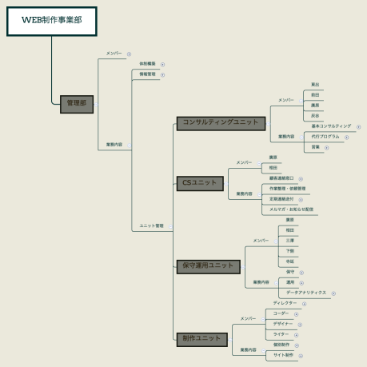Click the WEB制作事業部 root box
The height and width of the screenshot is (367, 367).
(x=51, y=21)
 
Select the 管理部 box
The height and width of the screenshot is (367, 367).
(x=77, y=103)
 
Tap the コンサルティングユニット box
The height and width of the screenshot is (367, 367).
(x=221, y=122)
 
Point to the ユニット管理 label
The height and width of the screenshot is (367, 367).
(x=150, y=226)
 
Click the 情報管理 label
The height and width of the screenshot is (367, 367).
(x=148, y=74)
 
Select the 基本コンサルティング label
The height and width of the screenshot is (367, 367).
(x=330, y=126)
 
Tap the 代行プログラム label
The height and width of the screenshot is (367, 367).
(x=325, y=137)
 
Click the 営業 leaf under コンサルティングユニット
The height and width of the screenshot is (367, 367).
(x=315, y=147)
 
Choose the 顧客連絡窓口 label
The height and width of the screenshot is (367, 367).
(x=281, y=178)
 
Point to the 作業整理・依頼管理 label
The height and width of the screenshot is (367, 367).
(x=287, y=189)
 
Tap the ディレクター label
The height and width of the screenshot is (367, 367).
(x=285, y=303)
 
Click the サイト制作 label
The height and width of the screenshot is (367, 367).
(x=284, y=354)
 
